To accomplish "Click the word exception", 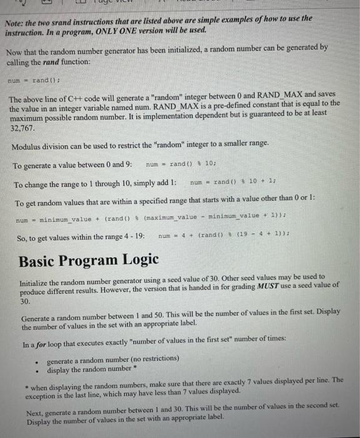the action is (42, 390).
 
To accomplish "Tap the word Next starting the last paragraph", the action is (36, 406).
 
